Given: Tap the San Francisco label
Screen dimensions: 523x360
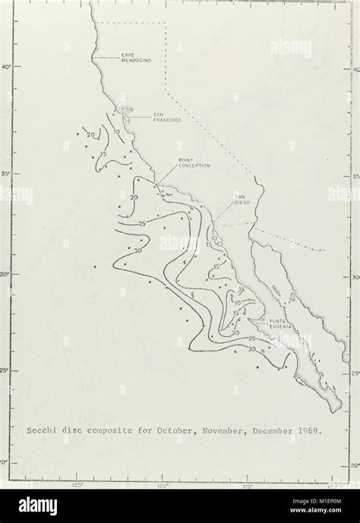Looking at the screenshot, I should (x=145, y=117).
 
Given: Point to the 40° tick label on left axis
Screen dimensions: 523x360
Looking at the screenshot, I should (x=7, y=68).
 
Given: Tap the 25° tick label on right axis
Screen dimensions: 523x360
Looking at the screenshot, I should (x=354, y=373).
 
